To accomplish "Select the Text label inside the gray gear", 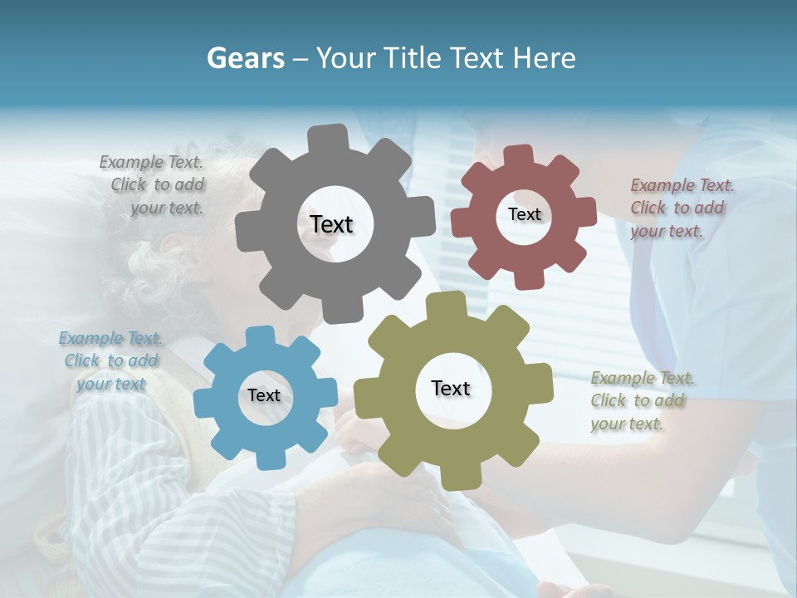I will pos(331,224).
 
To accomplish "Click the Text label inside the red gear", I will pos(524,214).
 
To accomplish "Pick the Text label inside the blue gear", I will pos(264,395).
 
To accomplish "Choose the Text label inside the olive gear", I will pos(451,388).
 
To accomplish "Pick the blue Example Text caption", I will pos(111,360).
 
